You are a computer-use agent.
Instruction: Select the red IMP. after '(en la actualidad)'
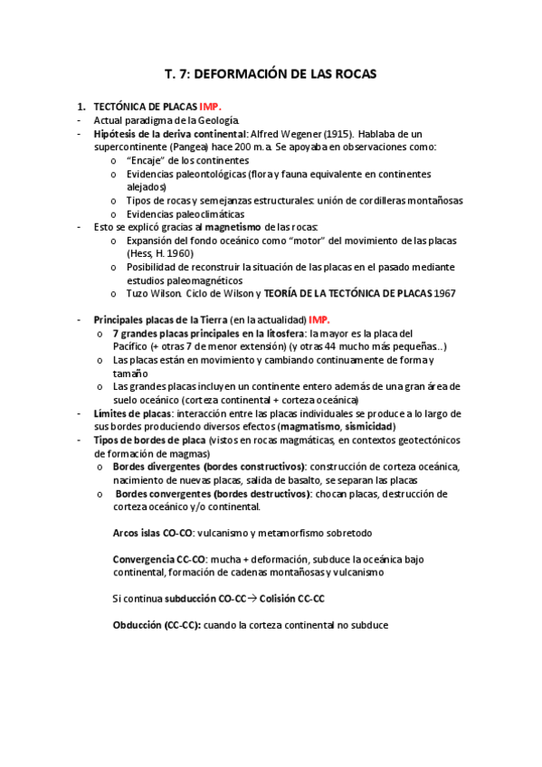(x=319, y=320)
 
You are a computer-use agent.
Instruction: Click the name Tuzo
(x=139, y=293)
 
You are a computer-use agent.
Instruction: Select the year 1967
(x=443, y=293)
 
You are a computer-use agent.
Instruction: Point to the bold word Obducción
(x=138, y=625)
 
